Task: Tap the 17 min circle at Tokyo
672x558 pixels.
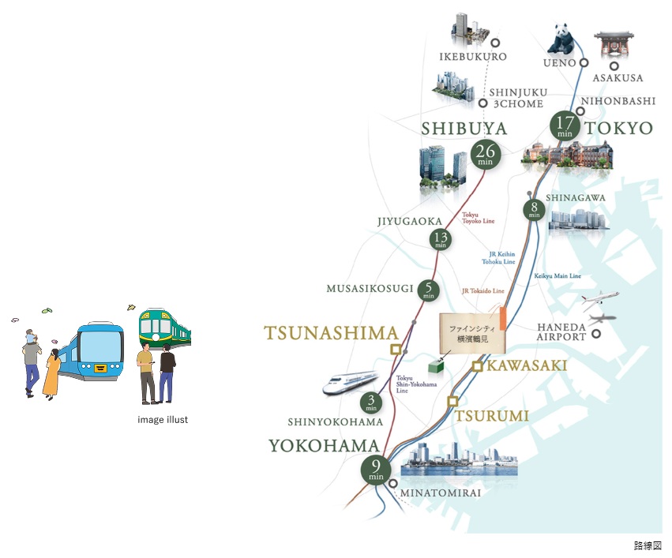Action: (x=565, y=126)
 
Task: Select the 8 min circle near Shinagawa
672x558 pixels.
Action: (x=535, y=209)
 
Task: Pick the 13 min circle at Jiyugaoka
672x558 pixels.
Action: (x=441, y=240)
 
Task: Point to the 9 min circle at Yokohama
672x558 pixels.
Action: (x=376, y=470)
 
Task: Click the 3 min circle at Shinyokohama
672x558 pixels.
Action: (x=371, y=403)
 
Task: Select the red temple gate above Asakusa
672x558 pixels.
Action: (x=614, y=45)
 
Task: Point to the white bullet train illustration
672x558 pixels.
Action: (x=347, y=381)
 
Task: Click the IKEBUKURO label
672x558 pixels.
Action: (x=472, y=57)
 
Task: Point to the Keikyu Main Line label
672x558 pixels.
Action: (x=557, y=276)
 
